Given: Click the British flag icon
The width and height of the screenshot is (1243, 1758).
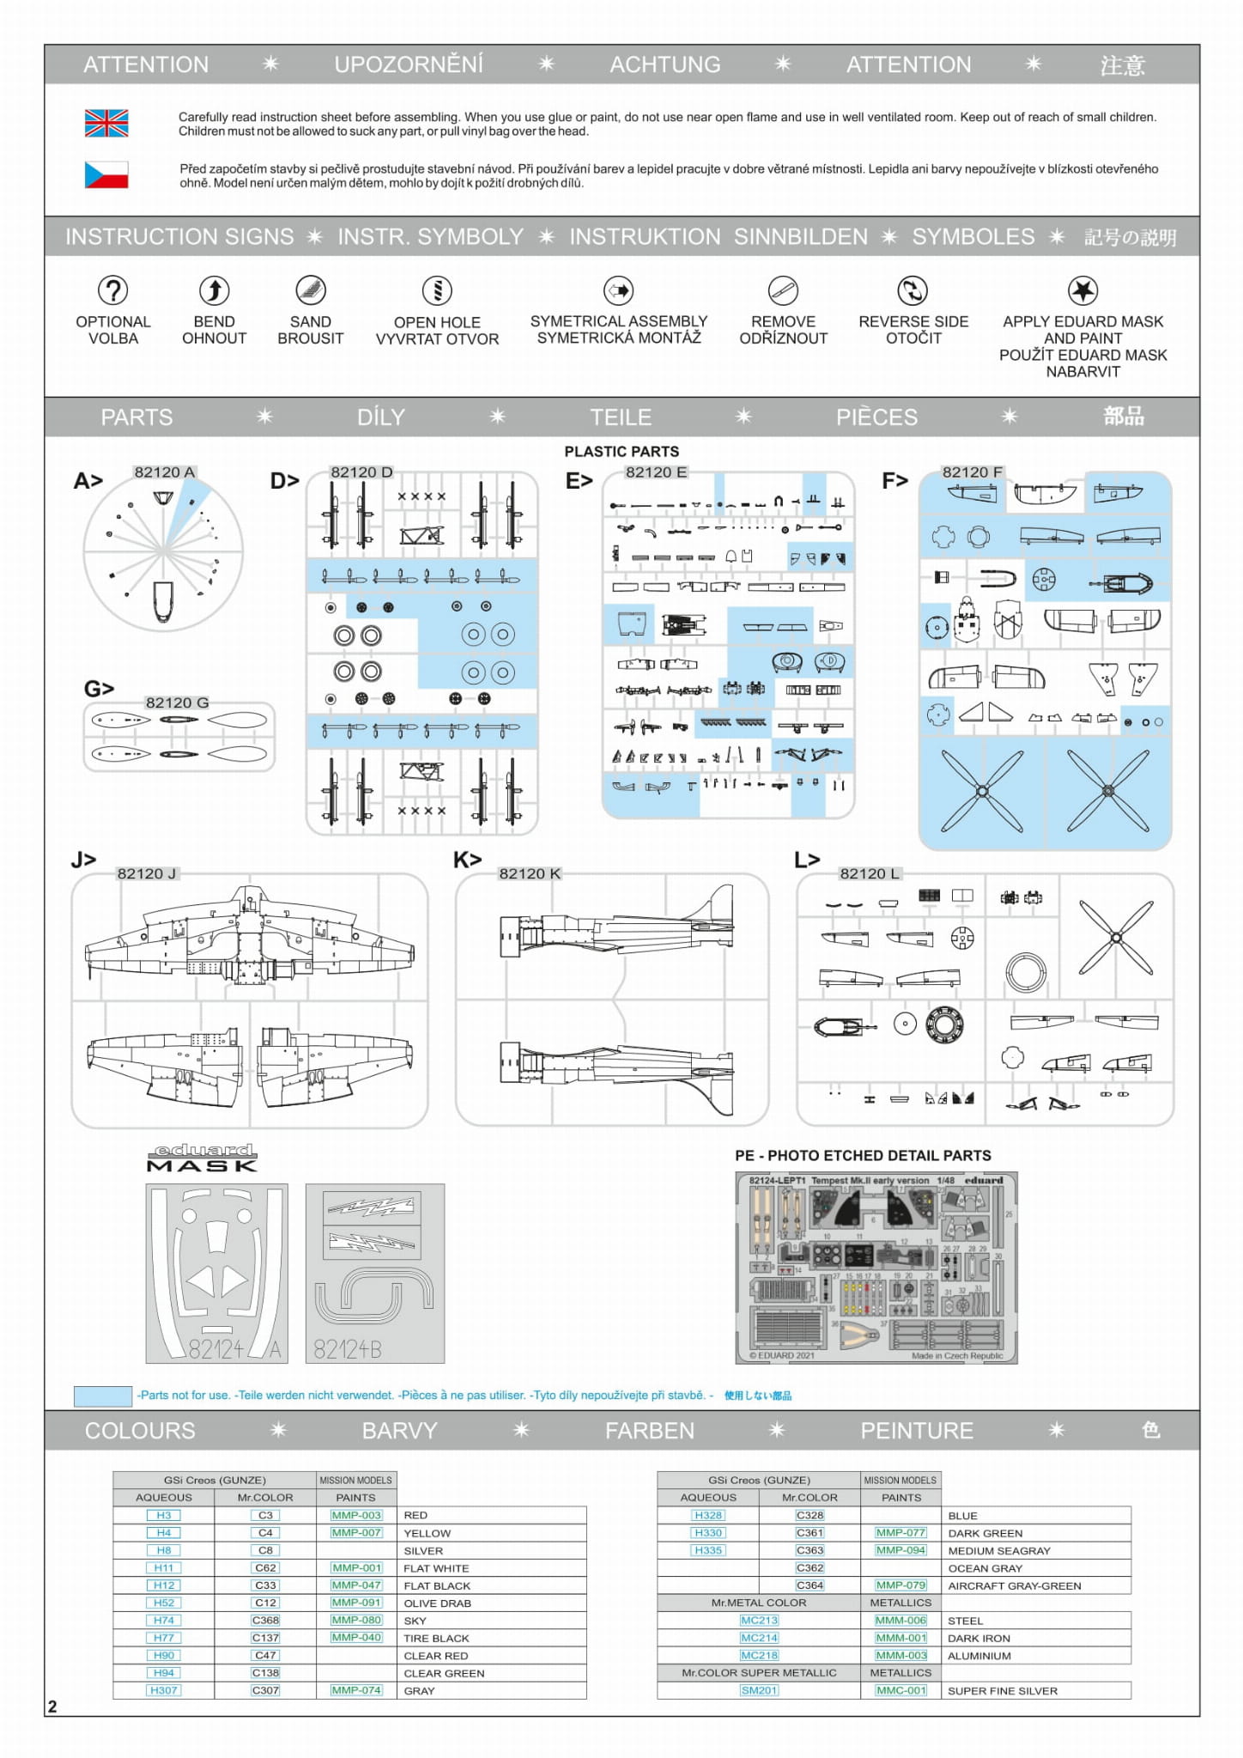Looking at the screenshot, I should (106, 124).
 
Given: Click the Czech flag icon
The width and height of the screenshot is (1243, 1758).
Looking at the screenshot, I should (106, 175).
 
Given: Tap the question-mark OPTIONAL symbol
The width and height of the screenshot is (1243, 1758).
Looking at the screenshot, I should (112, 290).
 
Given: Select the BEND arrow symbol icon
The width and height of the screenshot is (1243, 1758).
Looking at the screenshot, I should (214, 290).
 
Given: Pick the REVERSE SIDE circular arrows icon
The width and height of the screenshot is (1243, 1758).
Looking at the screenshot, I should (913, 290).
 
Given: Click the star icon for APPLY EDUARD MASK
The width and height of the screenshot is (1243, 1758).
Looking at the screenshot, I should (1082, 290).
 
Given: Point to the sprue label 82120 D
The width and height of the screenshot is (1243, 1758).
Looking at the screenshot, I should (361, 472).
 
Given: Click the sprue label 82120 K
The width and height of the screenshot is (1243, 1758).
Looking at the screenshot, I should (530, 873).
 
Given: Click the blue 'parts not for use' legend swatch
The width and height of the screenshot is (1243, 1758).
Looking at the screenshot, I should (103, 1396).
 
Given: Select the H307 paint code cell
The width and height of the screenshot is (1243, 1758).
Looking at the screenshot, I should (164, 1690).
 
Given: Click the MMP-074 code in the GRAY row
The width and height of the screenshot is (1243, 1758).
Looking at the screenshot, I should (356, 1690).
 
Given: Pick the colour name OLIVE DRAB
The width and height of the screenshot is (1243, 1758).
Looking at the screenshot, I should (437, 1603).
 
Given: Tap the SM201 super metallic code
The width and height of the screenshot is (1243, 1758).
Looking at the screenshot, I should (759, 1690).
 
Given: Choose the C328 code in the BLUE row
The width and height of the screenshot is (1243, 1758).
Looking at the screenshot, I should (809, 1515).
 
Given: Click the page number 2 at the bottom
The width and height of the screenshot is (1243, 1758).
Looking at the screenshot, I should (52, 1706).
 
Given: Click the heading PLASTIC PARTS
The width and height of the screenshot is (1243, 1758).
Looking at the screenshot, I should (621, 452).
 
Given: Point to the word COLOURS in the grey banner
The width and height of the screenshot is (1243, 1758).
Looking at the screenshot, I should (140, 1431).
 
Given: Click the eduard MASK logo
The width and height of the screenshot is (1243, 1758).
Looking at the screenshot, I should (203, 1158).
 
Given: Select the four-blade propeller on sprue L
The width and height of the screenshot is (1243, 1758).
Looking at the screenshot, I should (1115, 937).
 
